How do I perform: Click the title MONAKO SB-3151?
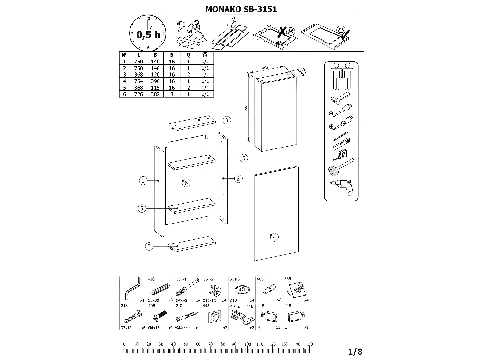pos(241,9)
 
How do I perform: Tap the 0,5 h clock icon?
pos(148,33)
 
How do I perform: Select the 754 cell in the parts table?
pos(139,81)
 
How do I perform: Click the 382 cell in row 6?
pos(155,94)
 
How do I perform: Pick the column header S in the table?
pos(172,55)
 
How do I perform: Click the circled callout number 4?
pos(274,237)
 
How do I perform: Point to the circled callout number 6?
pos(186,183)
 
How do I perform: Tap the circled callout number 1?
pos(143,181)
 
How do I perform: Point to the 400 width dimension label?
pos(265,68)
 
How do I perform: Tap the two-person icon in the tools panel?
pos(341,76)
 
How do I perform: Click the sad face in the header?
pos(291,32)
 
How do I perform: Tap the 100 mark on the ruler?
pos(247,344)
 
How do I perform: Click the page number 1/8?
pos(355,352)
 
